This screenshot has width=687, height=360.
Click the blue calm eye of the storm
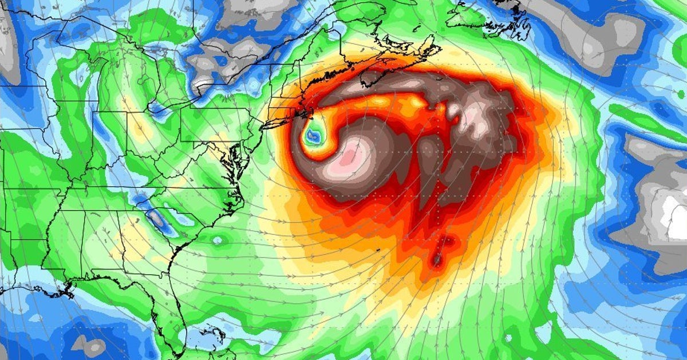tap(313, 136)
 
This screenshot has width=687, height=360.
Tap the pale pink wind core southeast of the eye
tap(355, 155)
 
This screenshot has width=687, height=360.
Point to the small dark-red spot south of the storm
tap(437, 260)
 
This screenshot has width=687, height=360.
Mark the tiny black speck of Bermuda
tap(378, 250)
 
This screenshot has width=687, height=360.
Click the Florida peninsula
tap(175, 309)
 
